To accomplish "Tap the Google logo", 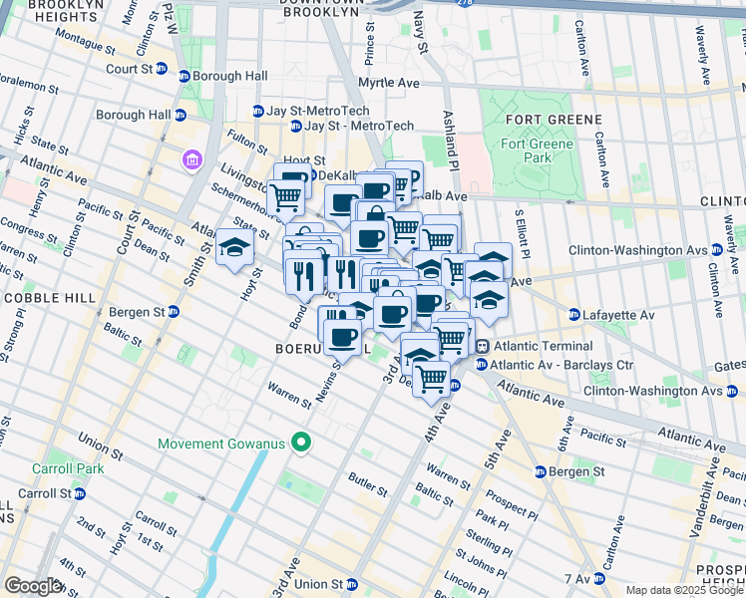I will click(33, 586).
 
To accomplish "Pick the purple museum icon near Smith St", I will click(190, 159).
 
